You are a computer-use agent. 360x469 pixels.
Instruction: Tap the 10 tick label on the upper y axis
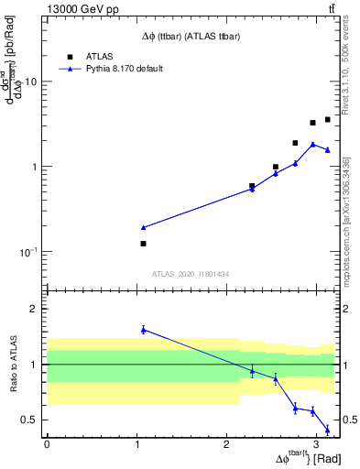[x=31, y=82]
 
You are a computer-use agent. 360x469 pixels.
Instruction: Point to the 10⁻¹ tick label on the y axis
[x=28, y=252]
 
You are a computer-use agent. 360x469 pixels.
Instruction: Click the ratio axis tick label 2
[x=34, y=309]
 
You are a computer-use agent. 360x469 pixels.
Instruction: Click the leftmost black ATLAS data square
[x=143, y=244]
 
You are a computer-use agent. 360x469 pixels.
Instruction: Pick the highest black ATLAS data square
[x=327, y=119]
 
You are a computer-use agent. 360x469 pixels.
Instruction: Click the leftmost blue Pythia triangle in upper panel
[x=143, y=227]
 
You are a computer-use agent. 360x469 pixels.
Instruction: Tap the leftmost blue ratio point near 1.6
[x=143, y=330]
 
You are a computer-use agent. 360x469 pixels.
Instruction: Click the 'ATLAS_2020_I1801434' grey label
[x=191, y=274]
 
